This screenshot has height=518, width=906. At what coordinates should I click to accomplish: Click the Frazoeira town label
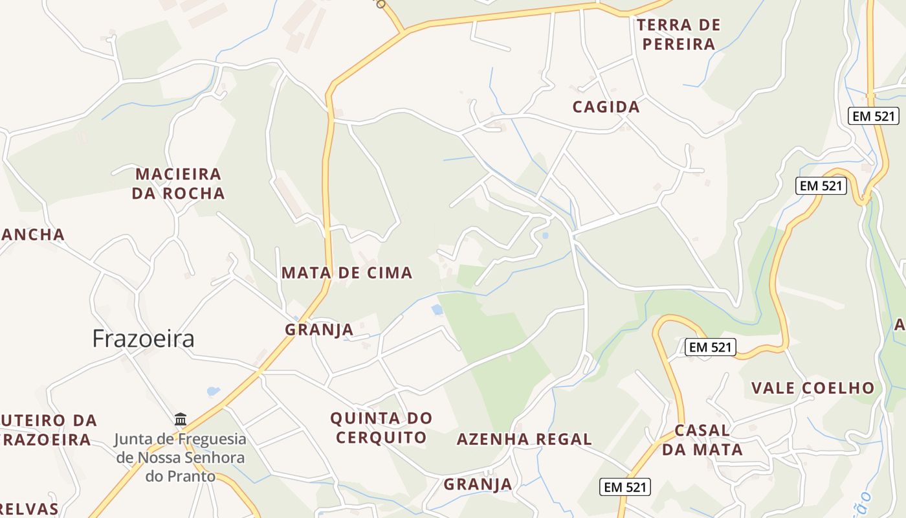pos(143,339)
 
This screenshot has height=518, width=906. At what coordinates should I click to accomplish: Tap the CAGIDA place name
pos(606,107)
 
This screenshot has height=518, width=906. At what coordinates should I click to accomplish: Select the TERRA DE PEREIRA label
pos(678,34)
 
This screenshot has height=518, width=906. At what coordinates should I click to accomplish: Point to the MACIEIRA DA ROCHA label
pos(178,183)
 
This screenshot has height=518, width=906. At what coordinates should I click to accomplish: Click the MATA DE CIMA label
pos(347,273)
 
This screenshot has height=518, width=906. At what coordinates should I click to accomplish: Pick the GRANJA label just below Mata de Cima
pos(319,330)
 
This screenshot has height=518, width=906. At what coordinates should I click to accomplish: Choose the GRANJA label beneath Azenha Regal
pos(478,484)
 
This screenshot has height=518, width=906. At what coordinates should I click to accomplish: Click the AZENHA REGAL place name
pos(524,439)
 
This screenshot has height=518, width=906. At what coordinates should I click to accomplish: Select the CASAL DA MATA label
pos(702,440)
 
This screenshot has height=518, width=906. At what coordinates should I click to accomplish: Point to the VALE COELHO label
pos(812,388)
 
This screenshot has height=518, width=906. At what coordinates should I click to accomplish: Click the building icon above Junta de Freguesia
pos(181,420)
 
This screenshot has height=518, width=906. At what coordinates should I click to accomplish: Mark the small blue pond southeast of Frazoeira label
pos(213,391)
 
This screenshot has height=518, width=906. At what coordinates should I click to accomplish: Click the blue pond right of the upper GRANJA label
pos(437,310)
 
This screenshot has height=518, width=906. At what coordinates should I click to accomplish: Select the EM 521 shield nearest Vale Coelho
pos(710,347)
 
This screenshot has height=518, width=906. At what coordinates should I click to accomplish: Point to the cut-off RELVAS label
pos(29,508)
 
